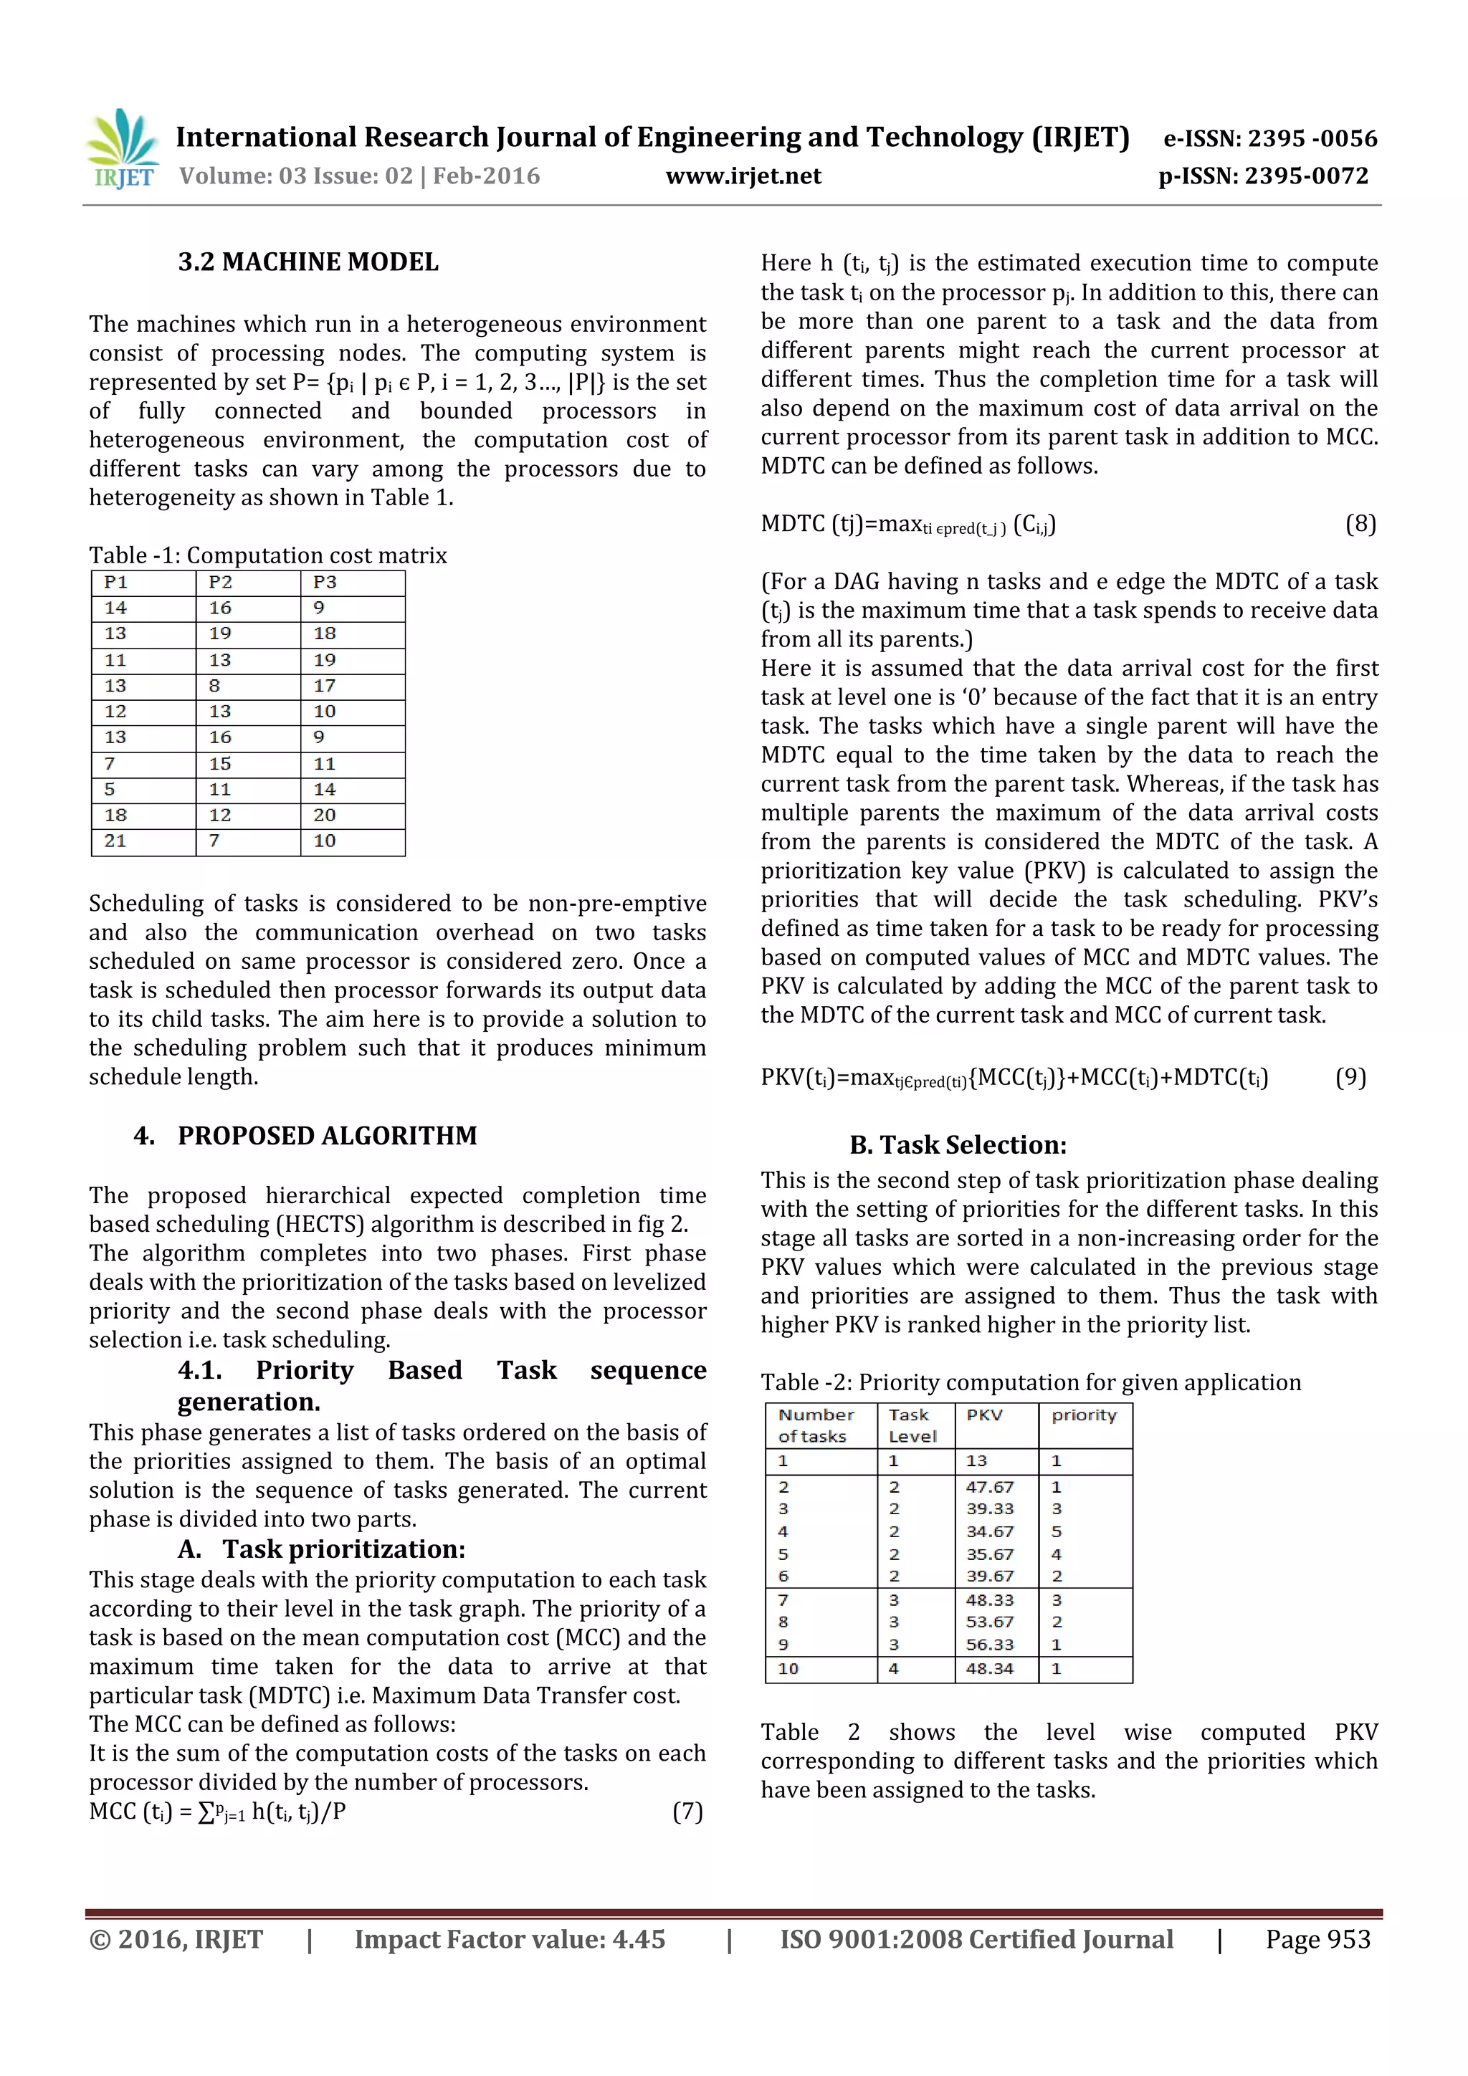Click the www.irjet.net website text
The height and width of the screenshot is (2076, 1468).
pos(743,176)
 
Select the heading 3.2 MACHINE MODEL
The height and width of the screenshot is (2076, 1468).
pos(308,262)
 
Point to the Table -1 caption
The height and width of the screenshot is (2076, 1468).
pos(268,555)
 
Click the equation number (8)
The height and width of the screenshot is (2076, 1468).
pos(1360,524)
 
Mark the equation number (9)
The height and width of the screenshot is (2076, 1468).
pos(1350,1077)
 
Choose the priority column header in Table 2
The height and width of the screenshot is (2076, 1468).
pos(1084,1415)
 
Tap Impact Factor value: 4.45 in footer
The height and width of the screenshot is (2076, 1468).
pos(509,1939)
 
